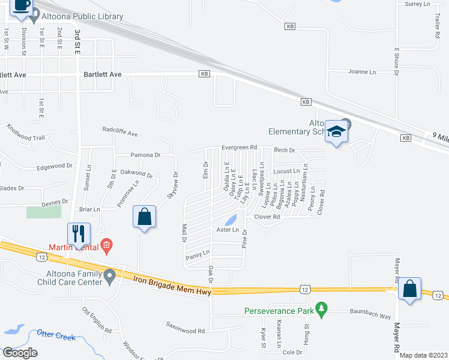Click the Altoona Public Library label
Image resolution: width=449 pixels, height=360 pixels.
[x=82, y=17]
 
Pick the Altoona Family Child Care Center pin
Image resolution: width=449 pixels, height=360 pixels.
[x=109, y=276]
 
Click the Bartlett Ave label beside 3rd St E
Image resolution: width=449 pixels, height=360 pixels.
[x=103, y=74]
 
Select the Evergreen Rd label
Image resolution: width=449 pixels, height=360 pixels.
[x=239, y=147]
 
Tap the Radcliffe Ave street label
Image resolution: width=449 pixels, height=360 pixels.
[x=120, y=130]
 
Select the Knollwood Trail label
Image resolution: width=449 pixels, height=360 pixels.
[x=26, y=134]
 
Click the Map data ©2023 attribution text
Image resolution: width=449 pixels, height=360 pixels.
[x=423, y=355]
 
